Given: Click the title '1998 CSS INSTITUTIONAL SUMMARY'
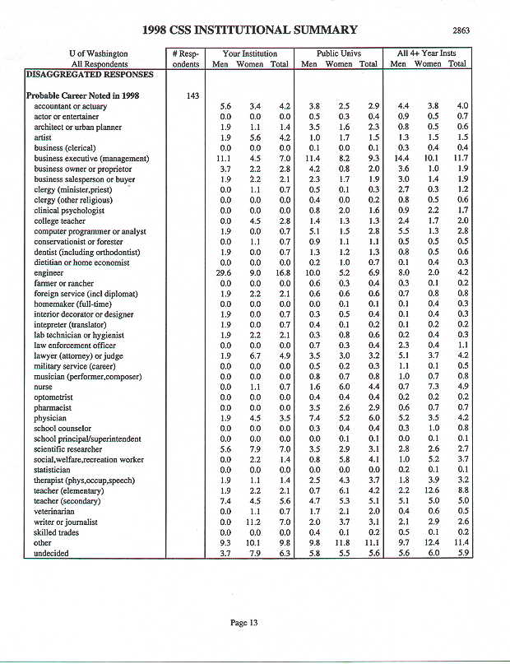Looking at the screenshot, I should (x=250, y=30).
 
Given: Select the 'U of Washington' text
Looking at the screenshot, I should (x=99, y=53).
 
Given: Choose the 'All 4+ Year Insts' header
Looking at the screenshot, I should (x=427, y=53).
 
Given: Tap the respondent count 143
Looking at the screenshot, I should (x=192, y=95).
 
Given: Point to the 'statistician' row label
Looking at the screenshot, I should (x=55, y=469).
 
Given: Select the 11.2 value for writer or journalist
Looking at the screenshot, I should (x=253, y=522).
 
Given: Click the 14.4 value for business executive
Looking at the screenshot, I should (x=401, y=157).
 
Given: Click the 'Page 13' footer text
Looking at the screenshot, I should (x=244, y=623).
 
